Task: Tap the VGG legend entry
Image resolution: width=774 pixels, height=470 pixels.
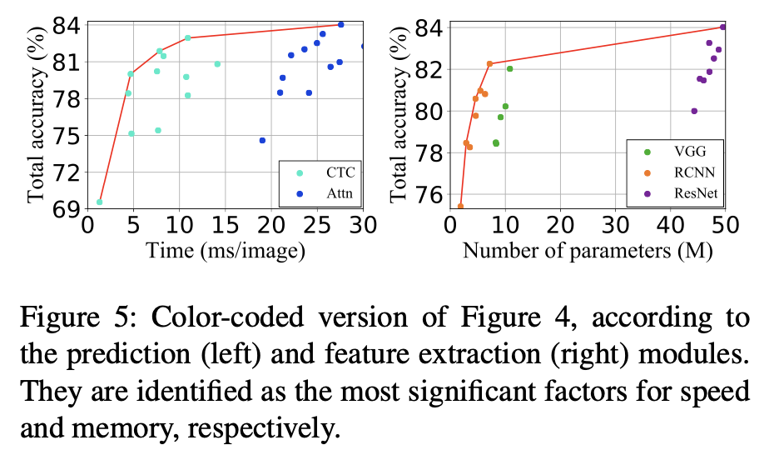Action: (x=677, y=152)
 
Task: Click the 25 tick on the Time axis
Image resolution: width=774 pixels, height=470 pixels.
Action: (x=316, y=225)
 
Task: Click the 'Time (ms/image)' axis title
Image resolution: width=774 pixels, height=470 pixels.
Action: (x=224, y=249)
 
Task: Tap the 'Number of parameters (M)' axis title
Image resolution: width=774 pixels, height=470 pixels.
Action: (x=587, y=249)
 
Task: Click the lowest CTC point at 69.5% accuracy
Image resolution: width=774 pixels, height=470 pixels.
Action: (x=100, y=202)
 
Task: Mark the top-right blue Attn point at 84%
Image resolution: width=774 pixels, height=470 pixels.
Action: (x=340, y=24)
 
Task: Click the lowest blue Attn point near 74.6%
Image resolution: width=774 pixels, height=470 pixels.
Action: (x=262, y=141)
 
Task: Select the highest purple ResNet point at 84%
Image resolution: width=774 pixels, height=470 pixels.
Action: (x=722, y=27)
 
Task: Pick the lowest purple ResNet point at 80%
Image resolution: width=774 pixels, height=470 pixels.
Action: (x=694, y=111)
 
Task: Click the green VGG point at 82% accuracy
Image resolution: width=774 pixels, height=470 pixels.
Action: (x=509, y=68)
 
